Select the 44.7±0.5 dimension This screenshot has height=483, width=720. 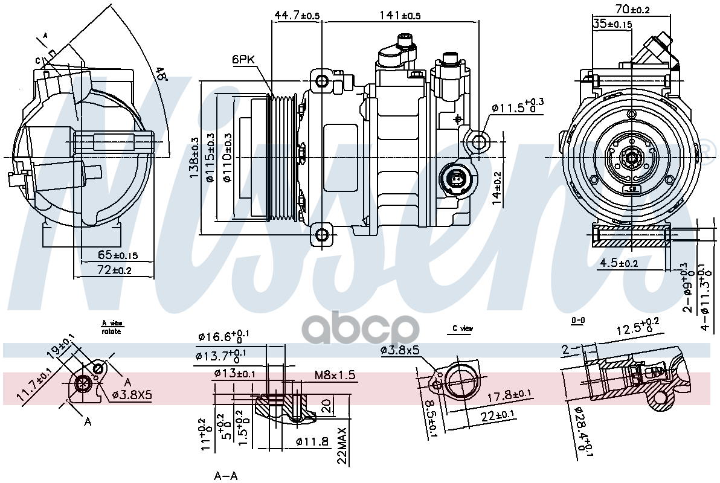click(x=297, y=15)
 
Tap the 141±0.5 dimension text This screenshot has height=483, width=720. click(x=400, y=15)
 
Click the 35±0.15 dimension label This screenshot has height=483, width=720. click(x=612, y=24)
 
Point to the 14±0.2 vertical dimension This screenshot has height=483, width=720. click(x=497, y=188)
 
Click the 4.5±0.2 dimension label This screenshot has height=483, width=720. click(x=619, y=263)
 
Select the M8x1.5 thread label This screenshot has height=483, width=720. click(x=335, y=376)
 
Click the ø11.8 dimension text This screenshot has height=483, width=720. click(x=312, y=442)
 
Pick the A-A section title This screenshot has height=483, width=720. click(x=225, y=476)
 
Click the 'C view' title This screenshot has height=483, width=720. click(x=463, y=328)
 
